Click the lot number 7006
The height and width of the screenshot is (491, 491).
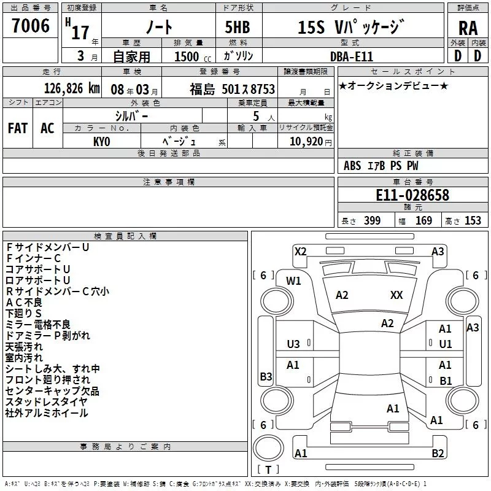(x=31, y=25)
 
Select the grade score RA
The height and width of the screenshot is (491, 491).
(x=468, y=28)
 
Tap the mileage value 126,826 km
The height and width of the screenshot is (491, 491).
(x=72, y=88)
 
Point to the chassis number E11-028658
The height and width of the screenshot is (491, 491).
(x=412, y=195)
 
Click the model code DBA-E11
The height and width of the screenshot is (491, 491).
(x=352, y=56)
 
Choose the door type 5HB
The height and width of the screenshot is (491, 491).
(x=238, y=27)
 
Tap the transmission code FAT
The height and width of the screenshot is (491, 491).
(x=18, y=128)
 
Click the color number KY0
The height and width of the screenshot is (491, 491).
(x=102, y=142)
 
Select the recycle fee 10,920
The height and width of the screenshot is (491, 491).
(x=306, y=142)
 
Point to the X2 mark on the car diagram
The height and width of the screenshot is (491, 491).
(x=300, y=252)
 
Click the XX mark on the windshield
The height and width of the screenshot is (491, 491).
(x=396, y=295)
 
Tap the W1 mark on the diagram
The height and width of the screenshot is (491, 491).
(x=293, y=281)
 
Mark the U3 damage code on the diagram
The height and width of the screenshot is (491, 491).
(x=293, y=344)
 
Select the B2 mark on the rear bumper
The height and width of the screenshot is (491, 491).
(x=438, y=453)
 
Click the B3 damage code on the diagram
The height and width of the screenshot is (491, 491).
(x=266, y=376)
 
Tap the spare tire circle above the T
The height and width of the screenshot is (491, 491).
(x=268, y=447)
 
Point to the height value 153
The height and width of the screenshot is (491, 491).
(x=473, y=220)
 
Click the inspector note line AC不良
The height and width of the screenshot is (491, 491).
(x=24, y=303)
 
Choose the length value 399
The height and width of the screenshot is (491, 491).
(x=373, y=220)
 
